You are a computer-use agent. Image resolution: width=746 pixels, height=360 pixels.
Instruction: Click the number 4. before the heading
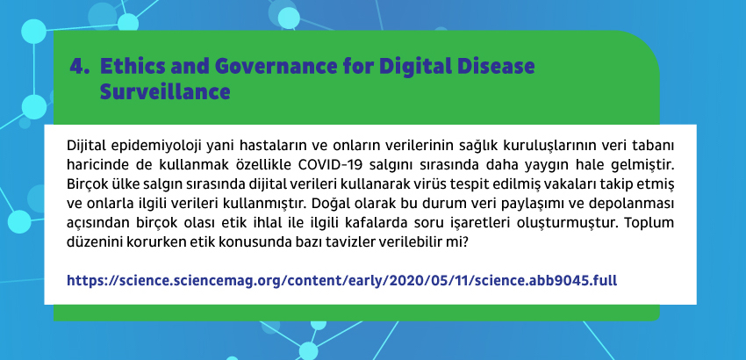click(x=80, y=66)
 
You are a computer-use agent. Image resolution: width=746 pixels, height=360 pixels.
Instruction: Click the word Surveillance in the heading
click(x=165, y=91)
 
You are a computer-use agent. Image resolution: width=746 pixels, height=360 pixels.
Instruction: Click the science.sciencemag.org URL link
click(x=341, y=280)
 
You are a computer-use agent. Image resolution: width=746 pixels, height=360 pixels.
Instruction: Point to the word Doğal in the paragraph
click(x=329, y=204)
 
